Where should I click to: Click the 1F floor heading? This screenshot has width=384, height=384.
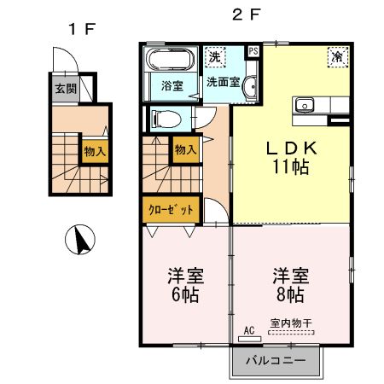[x=81, y=29]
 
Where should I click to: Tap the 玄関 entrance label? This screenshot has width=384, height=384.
[x=65, y=88]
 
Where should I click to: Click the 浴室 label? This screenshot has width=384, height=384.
[x=172, y=85]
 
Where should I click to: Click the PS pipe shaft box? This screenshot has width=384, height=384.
[x=253, y=50]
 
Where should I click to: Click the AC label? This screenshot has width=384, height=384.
[x=250, y=329]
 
